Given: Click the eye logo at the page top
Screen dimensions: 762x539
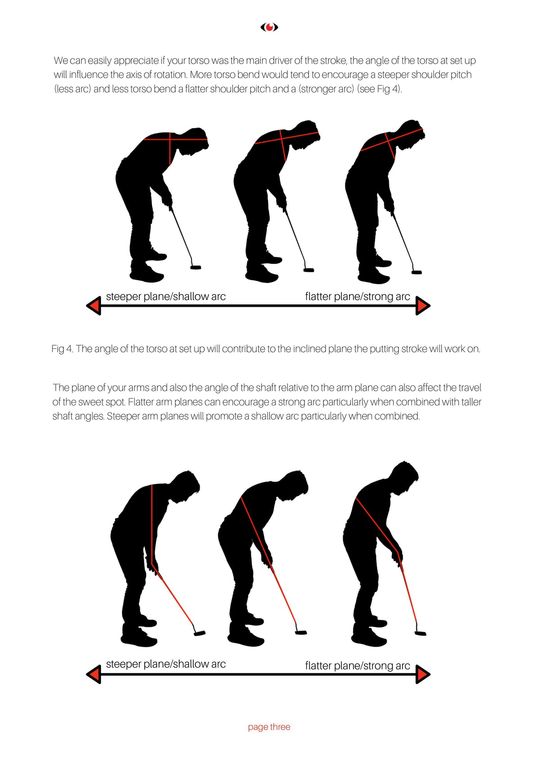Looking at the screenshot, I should (x=269, y=27).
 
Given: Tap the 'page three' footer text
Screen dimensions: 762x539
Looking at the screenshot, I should (x=269, y=727).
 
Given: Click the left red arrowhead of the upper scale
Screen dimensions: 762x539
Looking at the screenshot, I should (x=94, y=306).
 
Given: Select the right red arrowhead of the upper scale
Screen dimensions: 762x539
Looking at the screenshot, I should (x=423, y=306).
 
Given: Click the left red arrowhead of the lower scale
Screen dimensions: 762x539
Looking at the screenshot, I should (x=94, y=674).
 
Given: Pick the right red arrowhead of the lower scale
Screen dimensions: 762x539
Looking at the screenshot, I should (x=423, y=674).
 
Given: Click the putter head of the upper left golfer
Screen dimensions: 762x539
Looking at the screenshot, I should (x=195, y=267).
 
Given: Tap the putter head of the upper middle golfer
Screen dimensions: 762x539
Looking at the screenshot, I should (x=309, y=270).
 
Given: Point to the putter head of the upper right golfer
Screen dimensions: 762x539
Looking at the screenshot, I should (x=417, y=272).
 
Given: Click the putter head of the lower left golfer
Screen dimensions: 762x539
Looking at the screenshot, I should (x=199, y=633).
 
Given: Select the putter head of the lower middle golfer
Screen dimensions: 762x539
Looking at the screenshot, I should (x=301, y=632).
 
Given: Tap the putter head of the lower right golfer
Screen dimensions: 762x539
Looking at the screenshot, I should (x=420, y=633).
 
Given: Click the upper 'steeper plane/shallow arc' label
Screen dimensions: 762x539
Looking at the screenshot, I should (x=166, y=296).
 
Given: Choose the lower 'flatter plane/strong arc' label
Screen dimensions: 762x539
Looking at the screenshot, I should (x=358, y=665).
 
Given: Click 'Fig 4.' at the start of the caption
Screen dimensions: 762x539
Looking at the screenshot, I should (x=62, y=349).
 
